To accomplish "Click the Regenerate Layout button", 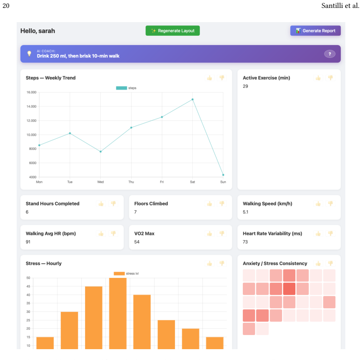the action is (173, 31).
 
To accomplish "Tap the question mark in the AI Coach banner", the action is (330, 54).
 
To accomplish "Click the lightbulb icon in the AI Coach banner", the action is (29, 54).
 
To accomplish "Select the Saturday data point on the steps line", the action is (192, 100).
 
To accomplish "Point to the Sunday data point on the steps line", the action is (223, 175).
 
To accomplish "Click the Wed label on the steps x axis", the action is (100, 182).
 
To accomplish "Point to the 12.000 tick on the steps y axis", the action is (31, 120).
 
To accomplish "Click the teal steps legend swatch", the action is (122, 88).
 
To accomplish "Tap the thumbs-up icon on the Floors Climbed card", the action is (210, 204).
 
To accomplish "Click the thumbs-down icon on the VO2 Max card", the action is (222, 233).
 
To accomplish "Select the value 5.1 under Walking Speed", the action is (245, 212).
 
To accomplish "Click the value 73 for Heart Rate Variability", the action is (245, 242).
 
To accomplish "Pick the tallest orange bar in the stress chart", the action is (118, 313).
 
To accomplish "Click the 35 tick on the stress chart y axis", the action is (28, 303).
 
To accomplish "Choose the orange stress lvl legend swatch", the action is (119, 274).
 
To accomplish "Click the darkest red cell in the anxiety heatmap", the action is (289, 289).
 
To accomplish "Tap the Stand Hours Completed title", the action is (52, 204).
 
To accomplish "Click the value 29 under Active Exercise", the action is (245, 86).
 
